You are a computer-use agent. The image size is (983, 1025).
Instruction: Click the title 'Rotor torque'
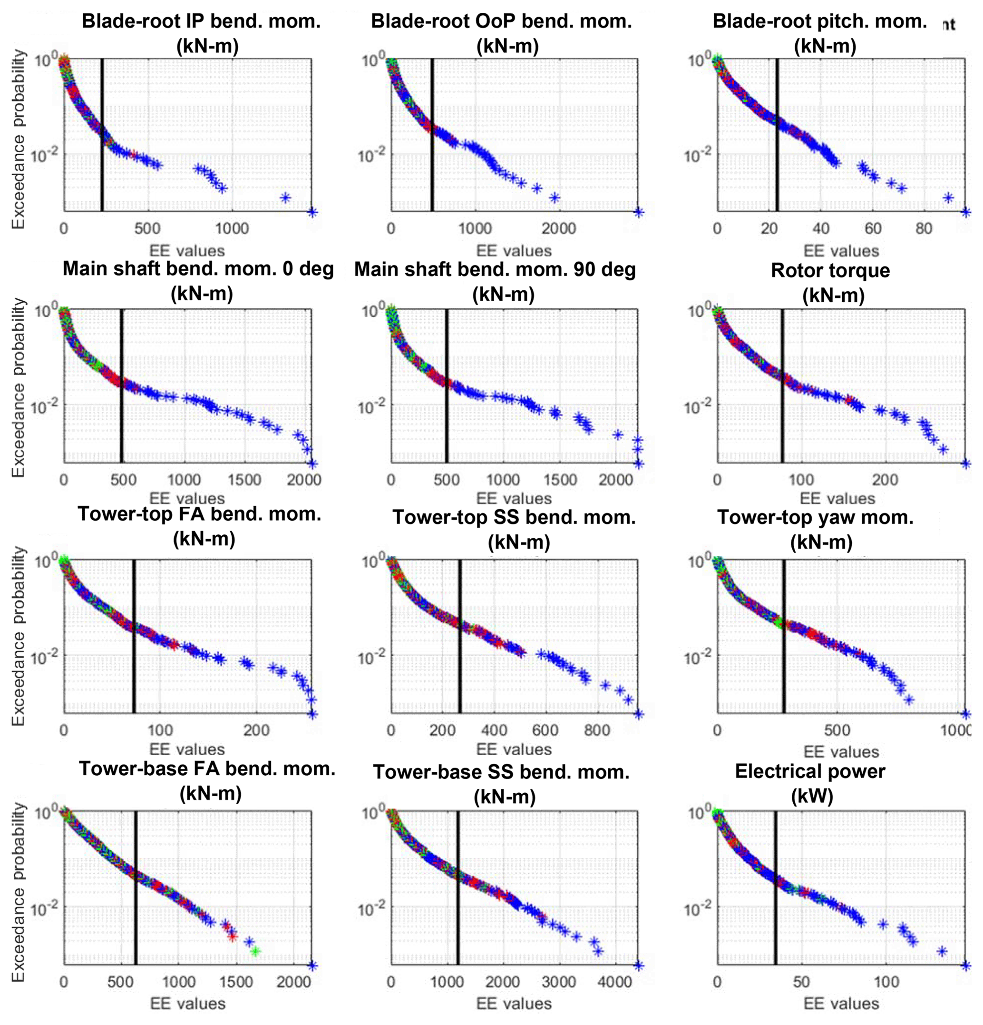coord(830,270)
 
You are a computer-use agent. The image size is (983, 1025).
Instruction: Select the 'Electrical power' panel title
coord(809,771)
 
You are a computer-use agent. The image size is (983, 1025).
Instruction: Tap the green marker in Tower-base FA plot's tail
coord(255,951)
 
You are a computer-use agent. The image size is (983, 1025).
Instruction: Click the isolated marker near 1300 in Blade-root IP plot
coord(285,197)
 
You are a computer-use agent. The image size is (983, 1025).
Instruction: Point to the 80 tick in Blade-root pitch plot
coord(924,228)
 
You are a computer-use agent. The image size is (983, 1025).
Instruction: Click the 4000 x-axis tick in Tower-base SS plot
coord(614,982)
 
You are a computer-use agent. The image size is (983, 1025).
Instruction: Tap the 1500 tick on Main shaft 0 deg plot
coord(244,480)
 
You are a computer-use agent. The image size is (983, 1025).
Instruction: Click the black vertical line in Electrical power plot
coord(775,889)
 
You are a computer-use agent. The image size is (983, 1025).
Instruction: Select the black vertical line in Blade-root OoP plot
coord(432,136)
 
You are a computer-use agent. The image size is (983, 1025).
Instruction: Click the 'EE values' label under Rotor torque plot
coord(837,498)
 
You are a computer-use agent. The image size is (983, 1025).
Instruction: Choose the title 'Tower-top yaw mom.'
coord(815,517)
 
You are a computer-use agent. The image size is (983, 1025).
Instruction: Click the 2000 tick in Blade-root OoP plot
coord(558,228)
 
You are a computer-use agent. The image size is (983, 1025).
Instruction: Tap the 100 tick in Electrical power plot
coord(886,982)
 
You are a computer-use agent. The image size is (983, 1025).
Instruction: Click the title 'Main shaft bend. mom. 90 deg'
coord(495,270)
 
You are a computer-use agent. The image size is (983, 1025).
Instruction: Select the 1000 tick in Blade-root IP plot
coord(232,228)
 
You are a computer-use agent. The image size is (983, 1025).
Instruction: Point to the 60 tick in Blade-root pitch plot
coord(873,228)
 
